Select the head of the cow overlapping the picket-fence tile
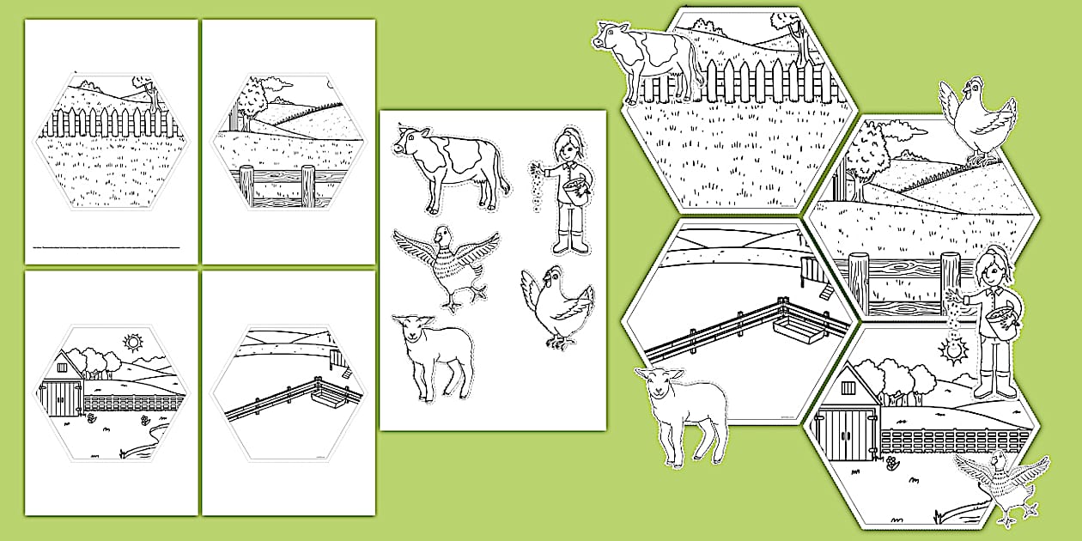[x=611, y=39]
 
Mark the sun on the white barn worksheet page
[x=132, y=343]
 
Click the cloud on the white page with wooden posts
[x=277, y=83]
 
